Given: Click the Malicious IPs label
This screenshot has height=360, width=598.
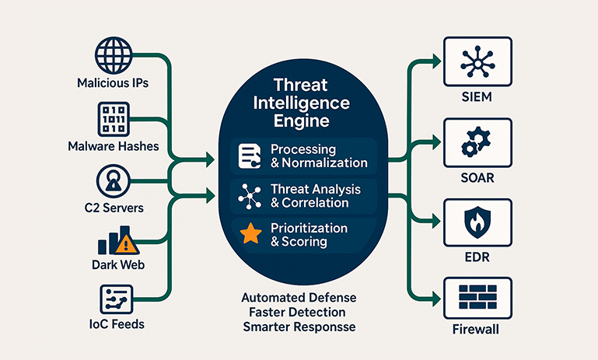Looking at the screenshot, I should coord(114,82).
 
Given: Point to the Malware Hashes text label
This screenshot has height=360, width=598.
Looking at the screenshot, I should coord(114,146).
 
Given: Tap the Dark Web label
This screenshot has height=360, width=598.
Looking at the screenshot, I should coord(114,264).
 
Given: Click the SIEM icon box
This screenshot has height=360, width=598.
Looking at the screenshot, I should coord(477,61).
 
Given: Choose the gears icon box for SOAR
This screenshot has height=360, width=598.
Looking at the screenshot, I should coord(477,142).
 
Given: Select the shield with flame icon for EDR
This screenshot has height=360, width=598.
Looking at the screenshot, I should coord(477,222).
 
